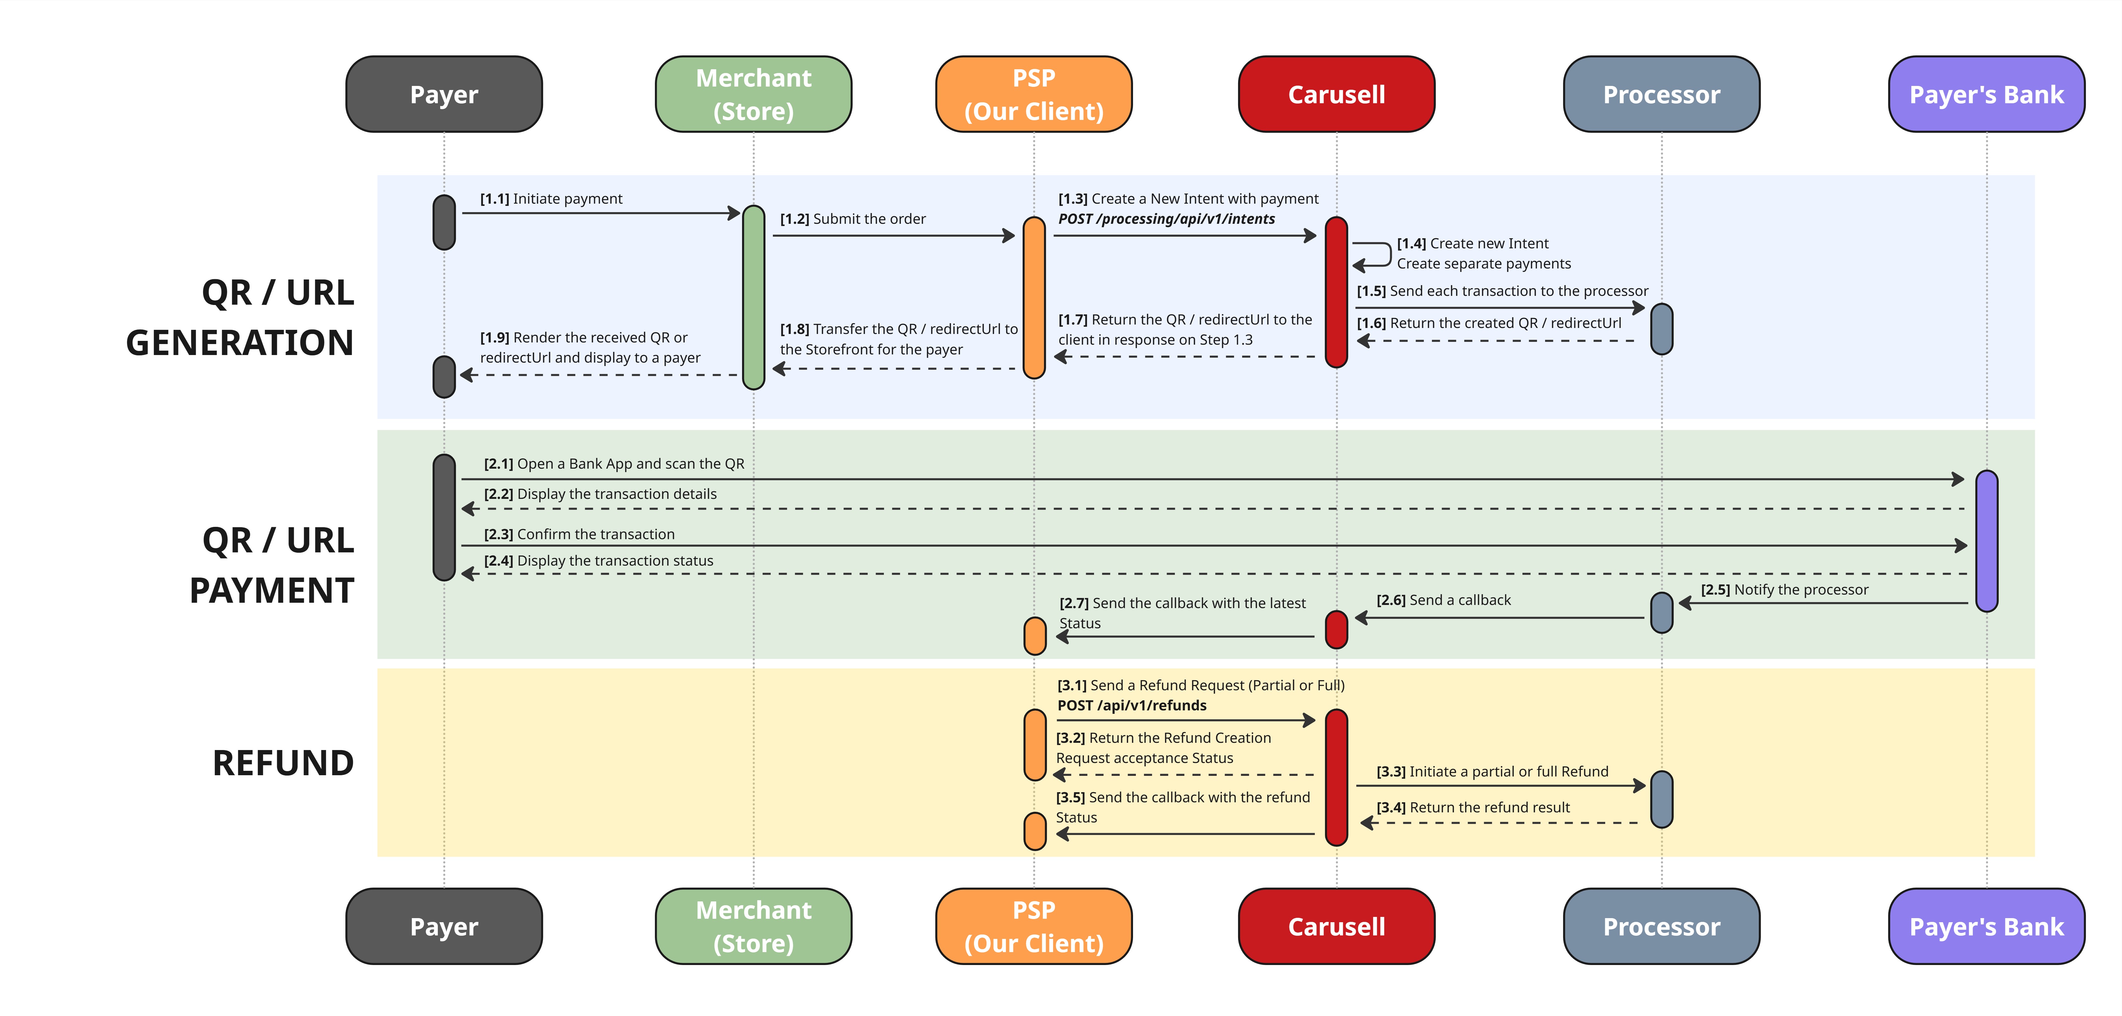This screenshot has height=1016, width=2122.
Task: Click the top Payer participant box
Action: tap(444, 94)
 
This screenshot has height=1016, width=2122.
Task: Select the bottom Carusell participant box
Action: tap(1336, 926)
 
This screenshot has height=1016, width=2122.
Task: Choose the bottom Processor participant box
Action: tap(1661, 926)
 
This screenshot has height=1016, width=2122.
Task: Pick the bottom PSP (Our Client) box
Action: tap(1034, 926)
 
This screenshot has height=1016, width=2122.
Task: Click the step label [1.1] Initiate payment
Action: tap(551, 199)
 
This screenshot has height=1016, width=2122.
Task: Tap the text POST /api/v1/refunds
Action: tap(1132, 705)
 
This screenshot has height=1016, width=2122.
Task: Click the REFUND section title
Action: tap(283, 763)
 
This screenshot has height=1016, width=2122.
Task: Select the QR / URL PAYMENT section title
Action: tap(272, 565)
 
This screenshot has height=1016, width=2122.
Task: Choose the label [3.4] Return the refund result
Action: tap(1473, 808)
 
